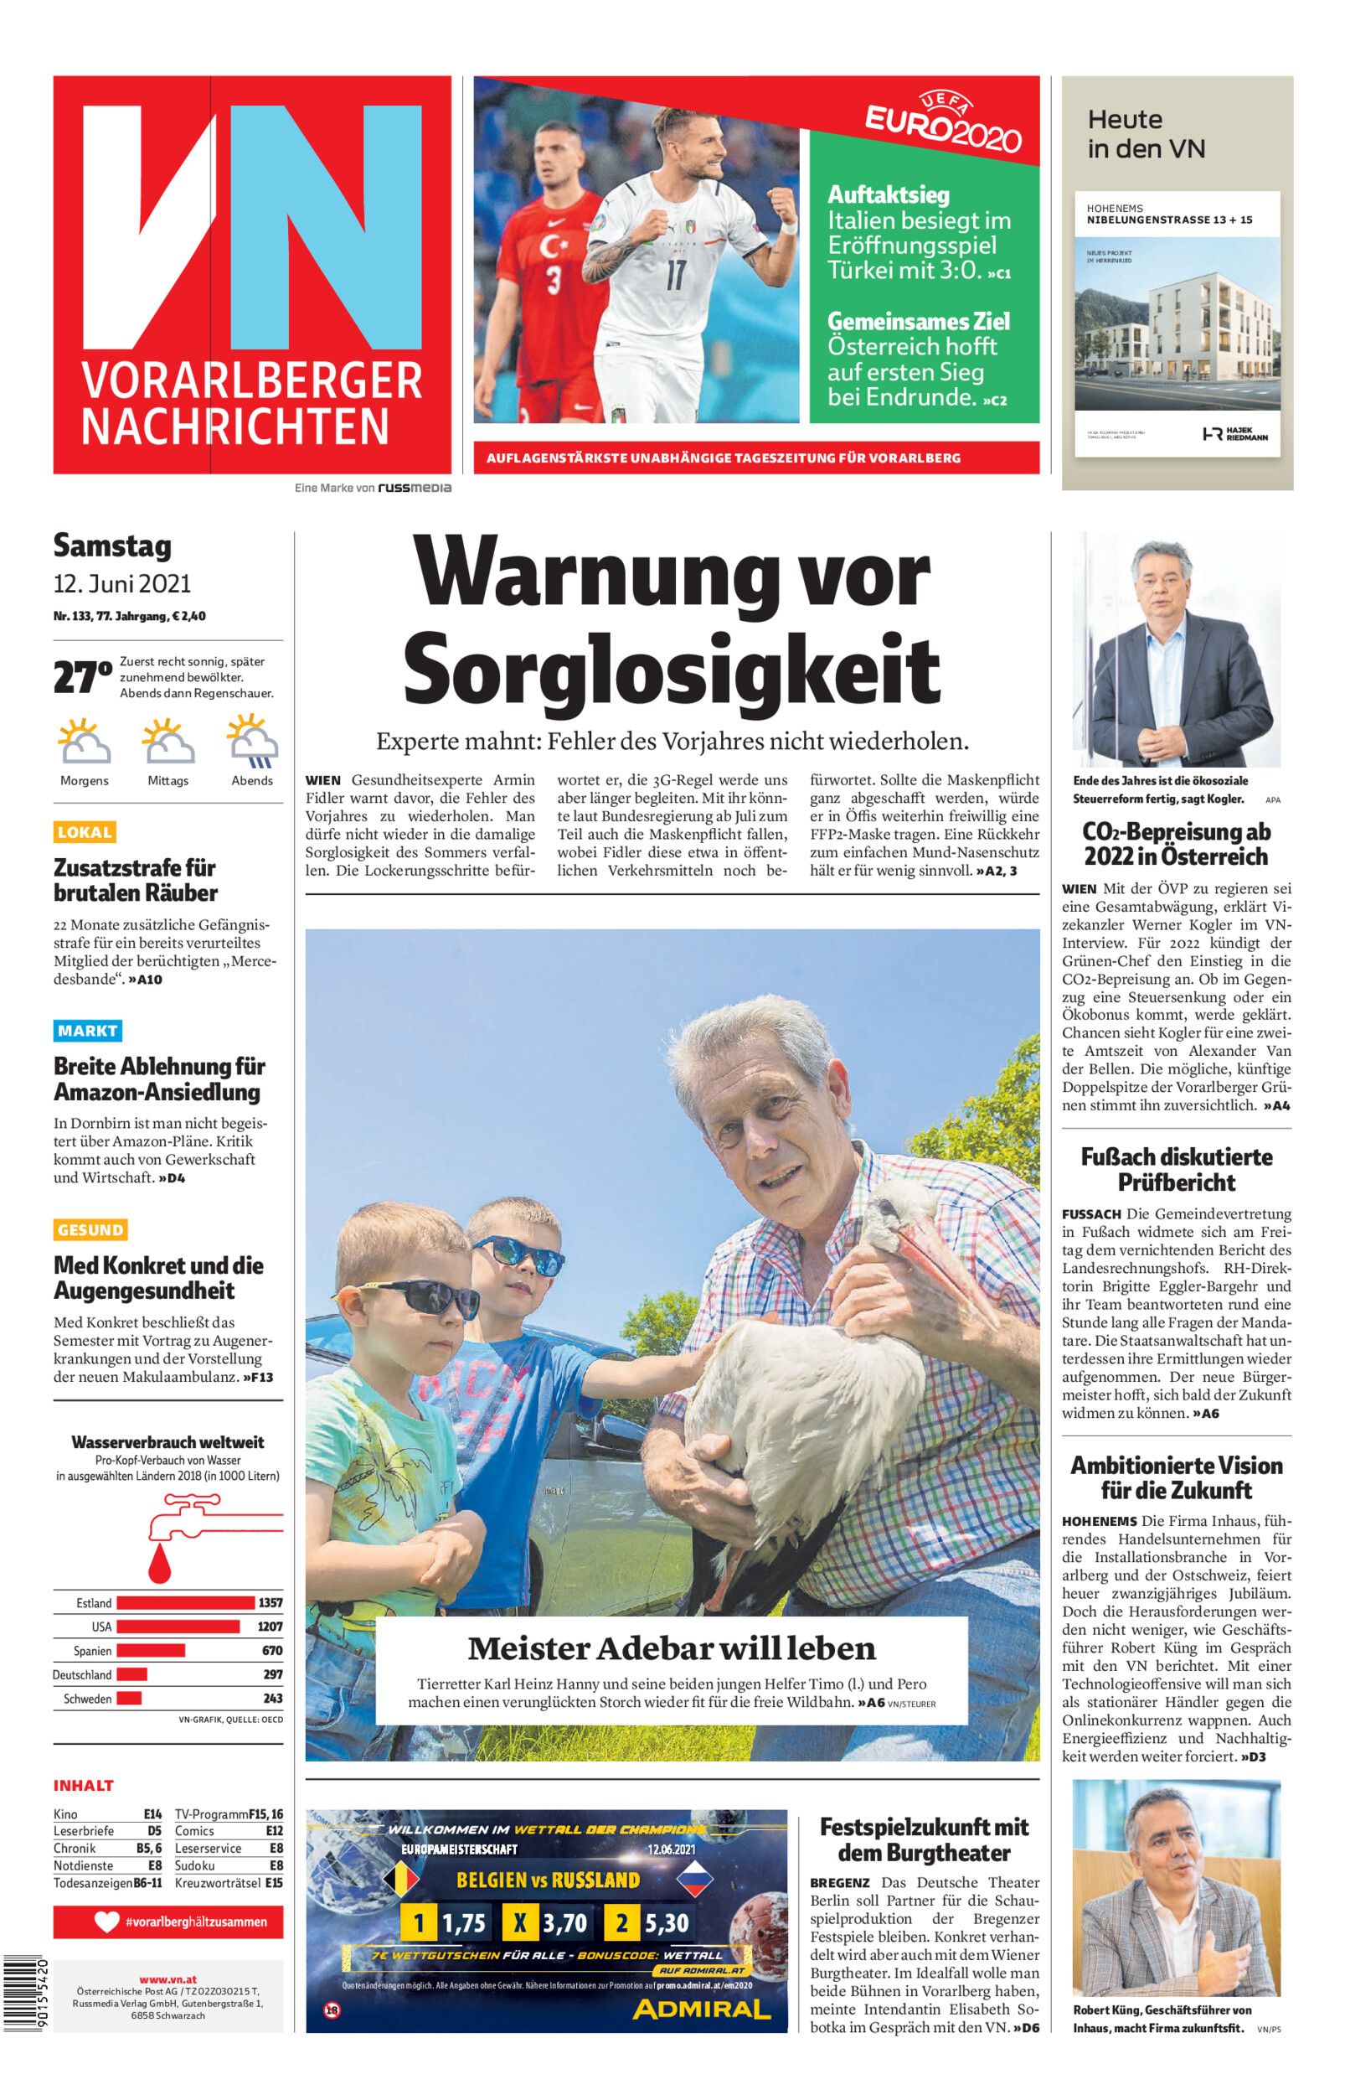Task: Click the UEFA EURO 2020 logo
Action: click(x=943, y=124)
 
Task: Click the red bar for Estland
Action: click(x=185, y=1603)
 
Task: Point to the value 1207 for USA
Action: click(x=270, y=1627)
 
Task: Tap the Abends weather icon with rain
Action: click(x=252, y=741)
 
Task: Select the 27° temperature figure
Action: click(x=82, y=678)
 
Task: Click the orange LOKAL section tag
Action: click(x=85, y=831)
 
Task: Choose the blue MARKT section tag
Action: click(x=87, y=1031)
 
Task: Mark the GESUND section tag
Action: click(x=90, y=1230)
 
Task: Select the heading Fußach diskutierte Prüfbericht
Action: click(x=1177, y=1170)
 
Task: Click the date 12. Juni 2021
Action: click(x=122, y=583)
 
